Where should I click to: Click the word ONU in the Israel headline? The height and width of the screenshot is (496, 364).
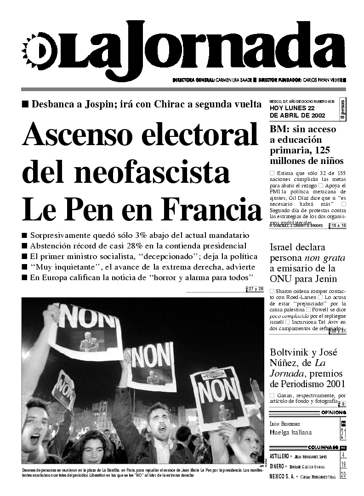point(281,279)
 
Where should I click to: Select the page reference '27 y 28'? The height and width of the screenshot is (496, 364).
point(256,289)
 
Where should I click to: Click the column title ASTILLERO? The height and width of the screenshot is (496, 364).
point(279,457)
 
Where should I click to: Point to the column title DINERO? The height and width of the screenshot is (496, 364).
point(277,466)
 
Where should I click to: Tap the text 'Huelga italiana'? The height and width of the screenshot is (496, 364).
point(290,432)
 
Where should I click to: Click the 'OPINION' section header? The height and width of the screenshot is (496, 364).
point(334,412)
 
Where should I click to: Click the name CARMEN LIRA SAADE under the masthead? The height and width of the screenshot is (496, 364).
point(234,79)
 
